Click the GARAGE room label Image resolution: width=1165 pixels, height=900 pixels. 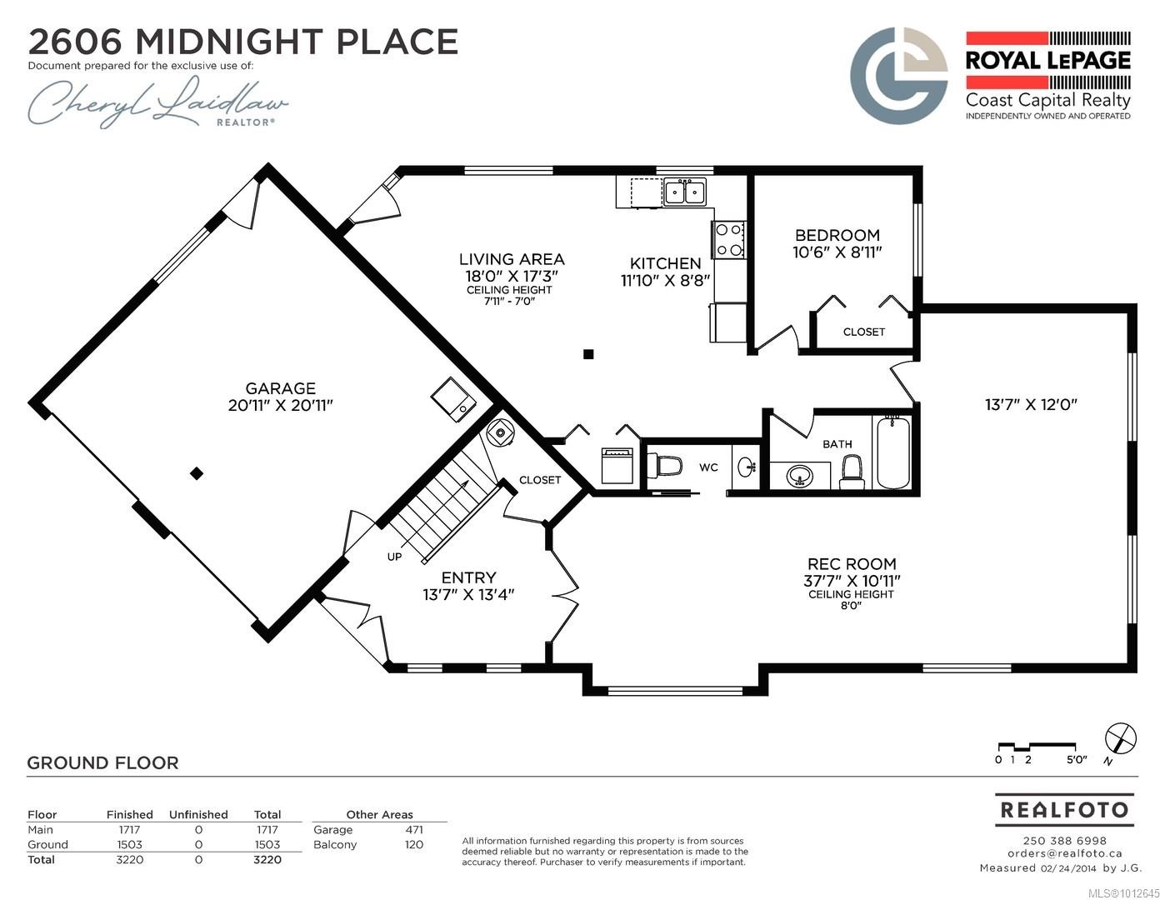(x=280, y=388)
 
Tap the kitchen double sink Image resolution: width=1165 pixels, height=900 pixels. (x=685, y=192)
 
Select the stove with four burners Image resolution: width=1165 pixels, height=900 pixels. (x=728, y=240)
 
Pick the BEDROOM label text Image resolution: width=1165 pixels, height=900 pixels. (x=837, y=235)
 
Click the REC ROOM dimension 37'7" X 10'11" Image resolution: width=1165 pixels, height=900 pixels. (x=852, y=581)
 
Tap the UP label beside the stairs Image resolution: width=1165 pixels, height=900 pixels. (x=395, y=557)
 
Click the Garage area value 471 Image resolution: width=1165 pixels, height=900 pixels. (x=414, y=830)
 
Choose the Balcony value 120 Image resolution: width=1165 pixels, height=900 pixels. (x=414, y=845)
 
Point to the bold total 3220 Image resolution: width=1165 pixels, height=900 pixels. (x=267, y=860)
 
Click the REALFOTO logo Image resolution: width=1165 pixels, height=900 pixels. (x=1064, y=810)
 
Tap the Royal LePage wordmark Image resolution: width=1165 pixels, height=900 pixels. (x=1048, y=60)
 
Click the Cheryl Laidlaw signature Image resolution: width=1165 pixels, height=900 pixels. (x=157, y=102)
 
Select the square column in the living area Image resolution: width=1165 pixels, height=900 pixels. (x=588, y=354)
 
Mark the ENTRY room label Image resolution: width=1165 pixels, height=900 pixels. (x=468, y=577)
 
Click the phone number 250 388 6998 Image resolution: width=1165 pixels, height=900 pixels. (x=1064, y=841)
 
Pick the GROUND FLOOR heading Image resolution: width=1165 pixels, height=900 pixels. (x=103, y=762)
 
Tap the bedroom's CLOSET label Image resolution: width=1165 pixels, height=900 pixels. (x=863, y=332)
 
